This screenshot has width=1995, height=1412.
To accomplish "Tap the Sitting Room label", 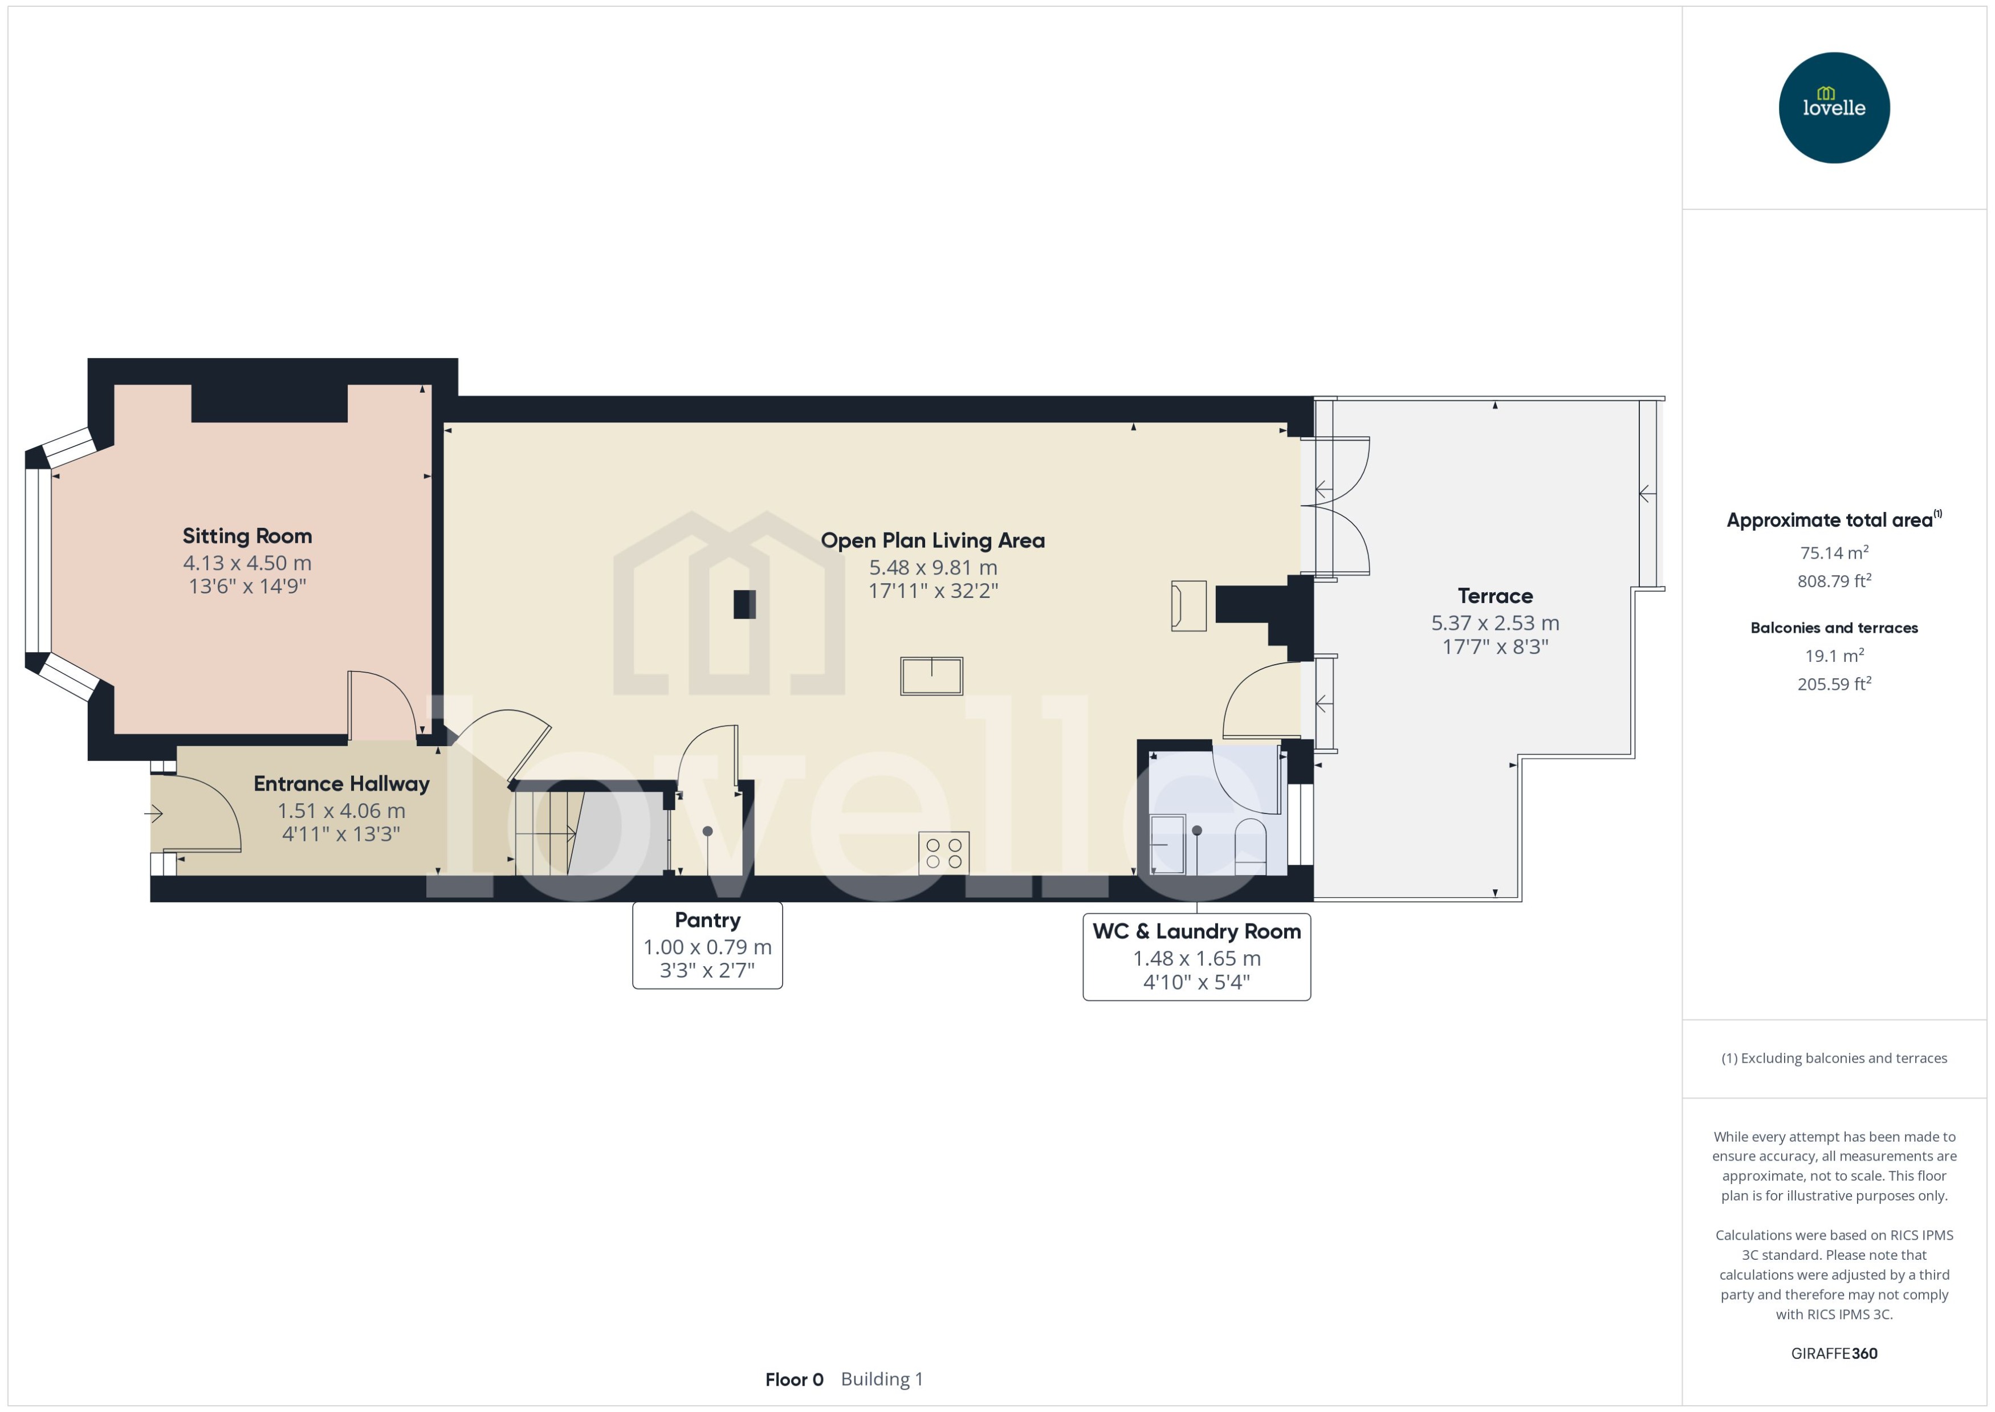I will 247,536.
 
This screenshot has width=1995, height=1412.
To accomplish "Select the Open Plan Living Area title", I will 932,540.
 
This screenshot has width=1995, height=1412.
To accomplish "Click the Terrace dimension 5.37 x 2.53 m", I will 1495,622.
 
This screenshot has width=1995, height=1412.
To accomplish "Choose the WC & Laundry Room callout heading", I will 1196,931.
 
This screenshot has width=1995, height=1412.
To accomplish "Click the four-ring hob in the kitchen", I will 943,853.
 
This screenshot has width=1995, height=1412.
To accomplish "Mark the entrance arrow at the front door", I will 154,814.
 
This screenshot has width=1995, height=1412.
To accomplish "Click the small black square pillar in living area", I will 744,604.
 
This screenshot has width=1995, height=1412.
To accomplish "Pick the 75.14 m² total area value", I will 1833,553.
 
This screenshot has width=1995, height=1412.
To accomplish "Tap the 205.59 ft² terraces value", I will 1833,684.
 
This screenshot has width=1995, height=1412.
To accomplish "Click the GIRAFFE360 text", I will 1833,1353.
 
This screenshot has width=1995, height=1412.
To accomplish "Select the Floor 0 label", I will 793,1379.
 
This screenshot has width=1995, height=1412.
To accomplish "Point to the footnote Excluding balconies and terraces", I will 1833,1058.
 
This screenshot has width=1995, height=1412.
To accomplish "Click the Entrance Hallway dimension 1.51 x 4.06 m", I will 341,811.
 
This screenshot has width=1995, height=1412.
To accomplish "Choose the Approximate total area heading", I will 1829,520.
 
